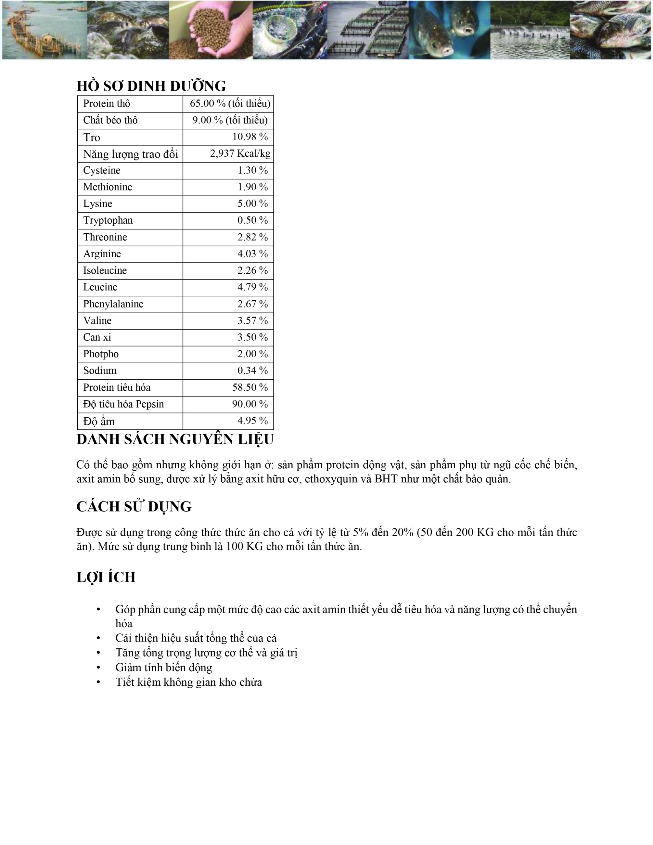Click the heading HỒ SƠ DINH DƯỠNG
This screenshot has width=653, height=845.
(x=151, y=86)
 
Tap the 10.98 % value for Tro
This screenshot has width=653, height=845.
(x=250, y=136)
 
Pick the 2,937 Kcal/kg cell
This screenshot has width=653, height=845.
(x=240, y=154)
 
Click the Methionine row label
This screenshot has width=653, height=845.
(x=108, y=187)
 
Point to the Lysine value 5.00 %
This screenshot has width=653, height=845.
(x=252, y=203)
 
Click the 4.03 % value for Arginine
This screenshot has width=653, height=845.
(x=252, y=254)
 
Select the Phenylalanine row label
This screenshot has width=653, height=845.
(x=113, y=304)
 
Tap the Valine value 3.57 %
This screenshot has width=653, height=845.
(x=252, y=320)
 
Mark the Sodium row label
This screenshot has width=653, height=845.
(x=100, y=370)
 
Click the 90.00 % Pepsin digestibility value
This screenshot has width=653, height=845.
(x=250, y=404)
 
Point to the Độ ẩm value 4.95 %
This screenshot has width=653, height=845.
(x=252, y=421)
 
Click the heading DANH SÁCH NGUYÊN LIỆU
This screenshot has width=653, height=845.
(x=175, y=439)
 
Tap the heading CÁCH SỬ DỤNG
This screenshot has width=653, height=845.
(x=134, y=506)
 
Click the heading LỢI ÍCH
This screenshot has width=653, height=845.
(x=106, y=577)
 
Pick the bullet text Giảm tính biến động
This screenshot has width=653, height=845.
(x=164, y=668)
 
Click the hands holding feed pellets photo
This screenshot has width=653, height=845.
(x=211, y=30)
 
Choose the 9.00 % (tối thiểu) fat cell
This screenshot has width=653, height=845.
(x=230, y=120)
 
